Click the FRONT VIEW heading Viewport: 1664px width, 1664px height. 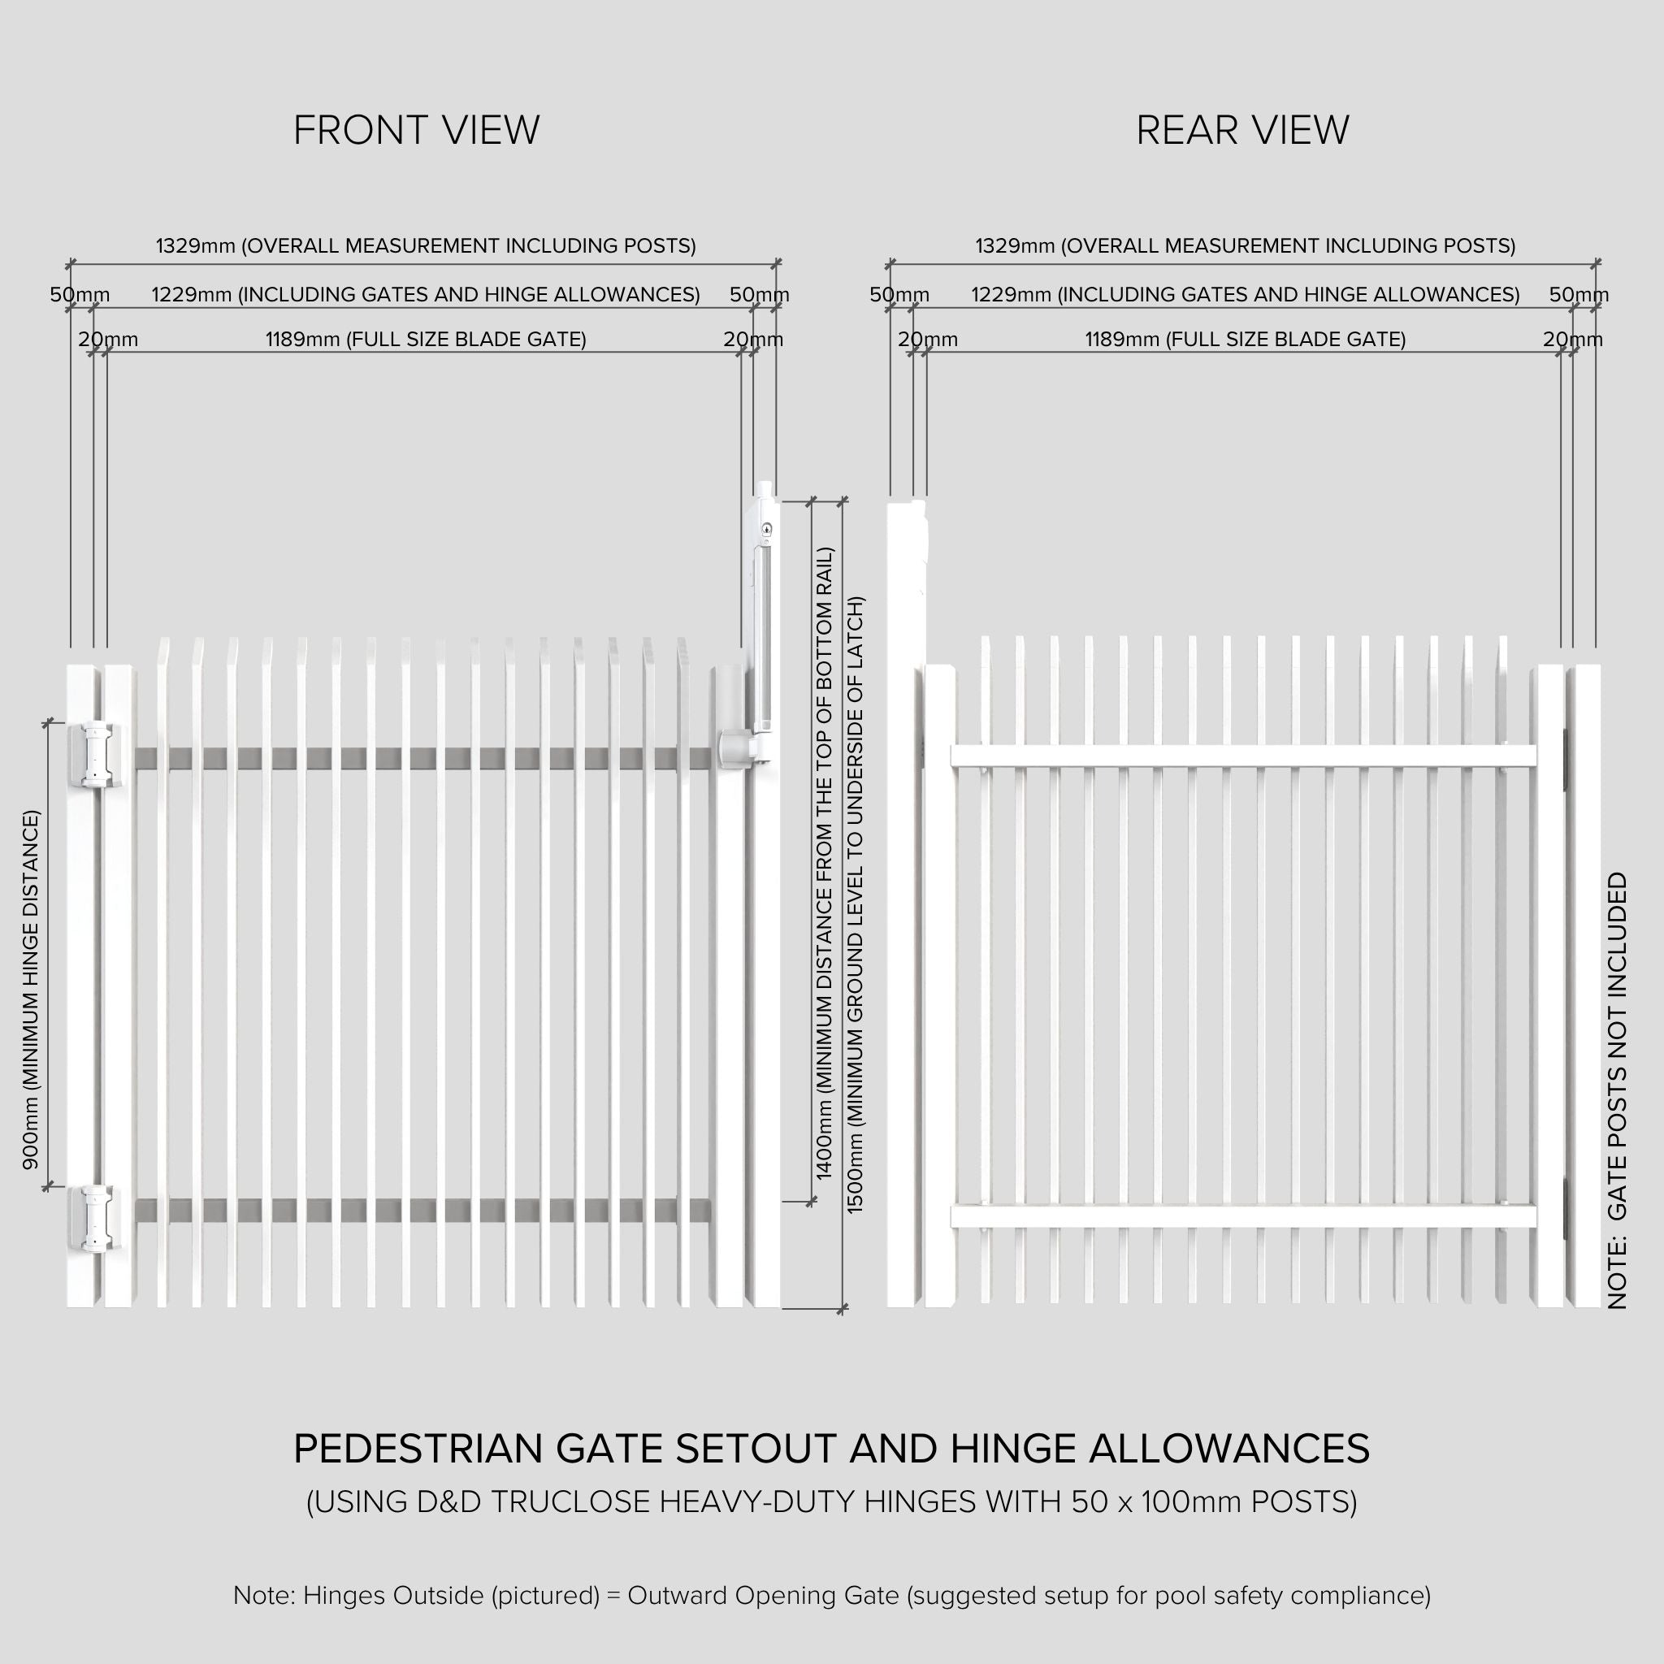click(x=416, y=130)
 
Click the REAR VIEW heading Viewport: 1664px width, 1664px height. click(x=1242, y=130)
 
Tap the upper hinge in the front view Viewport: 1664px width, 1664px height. click(x=97, y=756)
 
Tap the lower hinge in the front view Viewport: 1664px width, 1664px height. click(x=97, y=1217)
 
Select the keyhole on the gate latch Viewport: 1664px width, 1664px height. click(x=766, y=529)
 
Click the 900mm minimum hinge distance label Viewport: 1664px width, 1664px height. click(x=31, y=990)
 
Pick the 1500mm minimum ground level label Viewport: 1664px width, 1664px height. click(x=855, y=904)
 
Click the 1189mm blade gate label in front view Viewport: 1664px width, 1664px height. click(x=426, y=340)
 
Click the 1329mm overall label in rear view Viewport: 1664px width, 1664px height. click(x=1245, y=246)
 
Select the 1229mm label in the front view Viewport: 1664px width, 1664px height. click(x=426, y=295)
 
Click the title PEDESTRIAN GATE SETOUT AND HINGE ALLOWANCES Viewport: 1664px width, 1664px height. click(x=831, y=1449)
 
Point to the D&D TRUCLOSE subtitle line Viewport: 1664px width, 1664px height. click(x=831, y=1502)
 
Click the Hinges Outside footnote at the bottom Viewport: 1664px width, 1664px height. click(x=831, y=1595)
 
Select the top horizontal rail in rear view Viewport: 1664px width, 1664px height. click(x=1243, y=756)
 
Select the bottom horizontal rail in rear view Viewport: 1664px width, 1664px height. click(x=1243, y=1216)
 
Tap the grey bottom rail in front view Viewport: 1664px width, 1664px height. click(x=422, y=1210)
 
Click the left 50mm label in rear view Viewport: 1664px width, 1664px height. click(x=899, y=295)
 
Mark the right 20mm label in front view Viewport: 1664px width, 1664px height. click(x=752, y=340)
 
